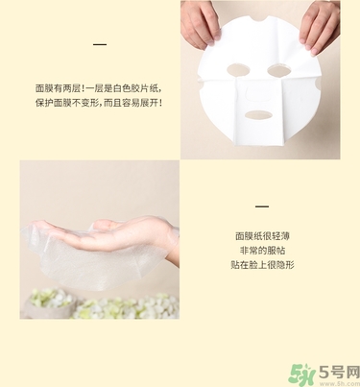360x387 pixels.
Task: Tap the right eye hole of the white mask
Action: [280, 70]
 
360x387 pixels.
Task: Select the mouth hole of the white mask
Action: [255, 114]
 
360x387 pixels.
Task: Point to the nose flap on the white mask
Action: [256, 91]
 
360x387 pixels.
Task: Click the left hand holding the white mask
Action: [199, 24]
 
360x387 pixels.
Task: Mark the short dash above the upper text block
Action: [100, 44]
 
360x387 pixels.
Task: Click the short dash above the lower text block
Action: [261, 206]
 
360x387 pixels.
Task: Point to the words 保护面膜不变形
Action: [66, 103]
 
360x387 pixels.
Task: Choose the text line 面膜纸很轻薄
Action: [261, 233]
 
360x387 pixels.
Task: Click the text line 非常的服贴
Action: [261, 248]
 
